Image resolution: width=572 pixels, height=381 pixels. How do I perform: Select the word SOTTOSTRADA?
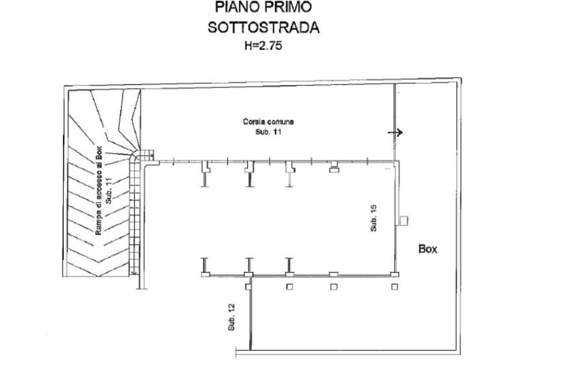pos(264,27)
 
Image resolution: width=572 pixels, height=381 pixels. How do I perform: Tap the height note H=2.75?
pos(263,46)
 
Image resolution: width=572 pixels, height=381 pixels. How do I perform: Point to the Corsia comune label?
pos(268,121)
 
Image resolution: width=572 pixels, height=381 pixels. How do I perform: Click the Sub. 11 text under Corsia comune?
pos(268,132)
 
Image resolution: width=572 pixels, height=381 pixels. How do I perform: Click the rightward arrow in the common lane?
pos(395,132)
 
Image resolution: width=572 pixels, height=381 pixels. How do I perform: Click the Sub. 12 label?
pos(231,317)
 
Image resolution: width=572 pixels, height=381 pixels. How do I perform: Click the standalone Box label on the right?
pos(428,250)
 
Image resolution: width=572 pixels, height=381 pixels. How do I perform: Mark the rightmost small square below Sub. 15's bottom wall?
pos(394,287)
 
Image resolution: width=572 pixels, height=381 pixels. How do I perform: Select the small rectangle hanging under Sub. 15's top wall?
pos(334,172)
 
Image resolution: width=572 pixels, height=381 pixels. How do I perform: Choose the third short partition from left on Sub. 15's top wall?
pos(289,173)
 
